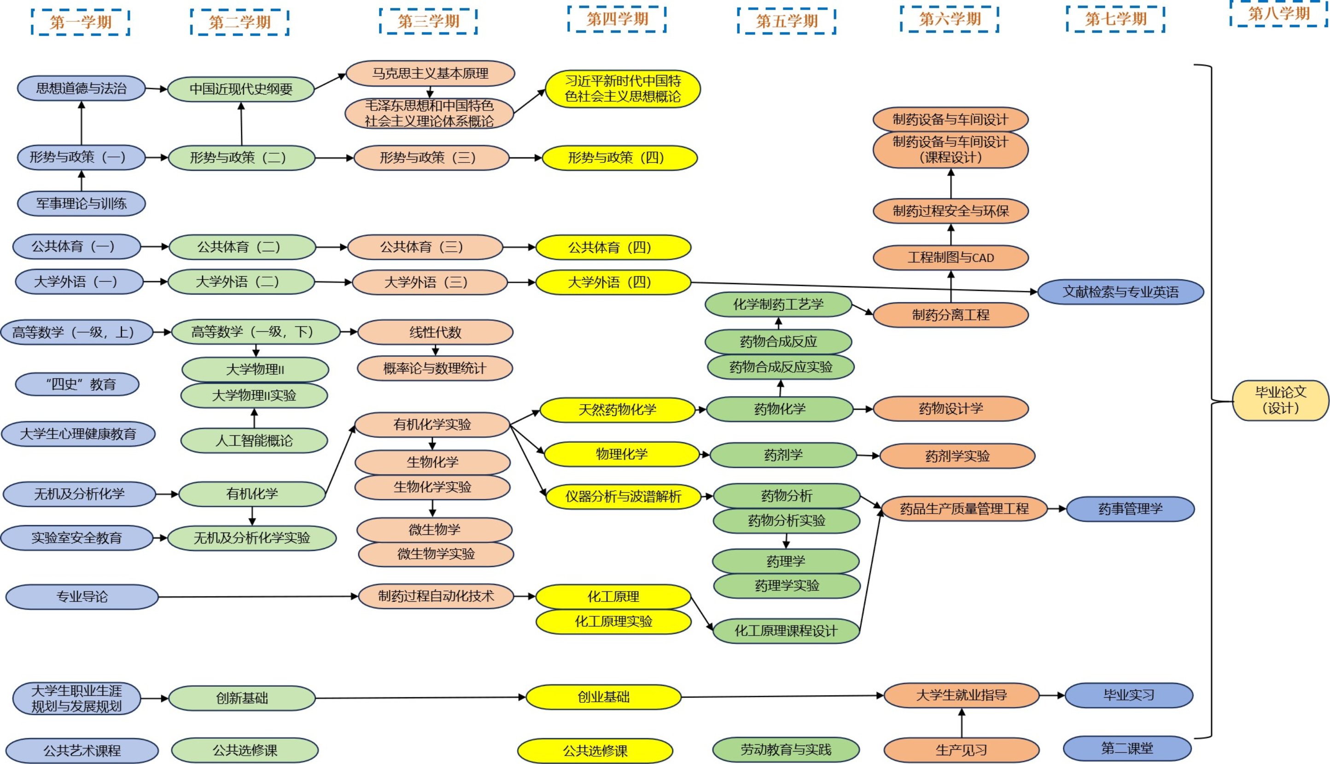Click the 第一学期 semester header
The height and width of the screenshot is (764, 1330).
[80, 22]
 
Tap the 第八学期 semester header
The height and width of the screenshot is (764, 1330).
[1278, 14]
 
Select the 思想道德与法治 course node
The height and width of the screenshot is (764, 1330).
[82, 88]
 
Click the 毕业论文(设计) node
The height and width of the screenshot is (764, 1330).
[1280, 400]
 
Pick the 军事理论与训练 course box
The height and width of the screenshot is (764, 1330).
[82, 203]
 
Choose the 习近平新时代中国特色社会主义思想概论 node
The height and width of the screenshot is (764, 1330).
[623, 89]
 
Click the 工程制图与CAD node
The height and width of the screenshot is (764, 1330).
[951, 258]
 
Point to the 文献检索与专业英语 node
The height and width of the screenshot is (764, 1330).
[1120, 292]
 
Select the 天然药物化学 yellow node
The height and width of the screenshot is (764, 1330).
[618, 410]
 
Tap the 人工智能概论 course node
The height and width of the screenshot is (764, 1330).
[254, 441]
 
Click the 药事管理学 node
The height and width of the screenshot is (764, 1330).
[1131, 509]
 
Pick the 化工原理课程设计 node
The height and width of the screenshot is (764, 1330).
[786, 631]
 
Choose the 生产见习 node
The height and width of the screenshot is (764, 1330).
[962, 750]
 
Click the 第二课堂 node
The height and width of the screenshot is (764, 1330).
[1127, 748]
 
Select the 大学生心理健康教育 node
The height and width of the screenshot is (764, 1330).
[78, 434]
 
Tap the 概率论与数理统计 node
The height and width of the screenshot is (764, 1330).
[435, 368]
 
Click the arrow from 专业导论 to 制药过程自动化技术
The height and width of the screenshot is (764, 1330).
[257, 596]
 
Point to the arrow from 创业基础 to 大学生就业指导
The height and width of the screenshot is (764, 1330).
[782, 697]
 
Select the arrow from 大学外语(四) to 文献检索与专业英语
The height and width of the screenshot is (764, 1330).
[861, 287]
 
